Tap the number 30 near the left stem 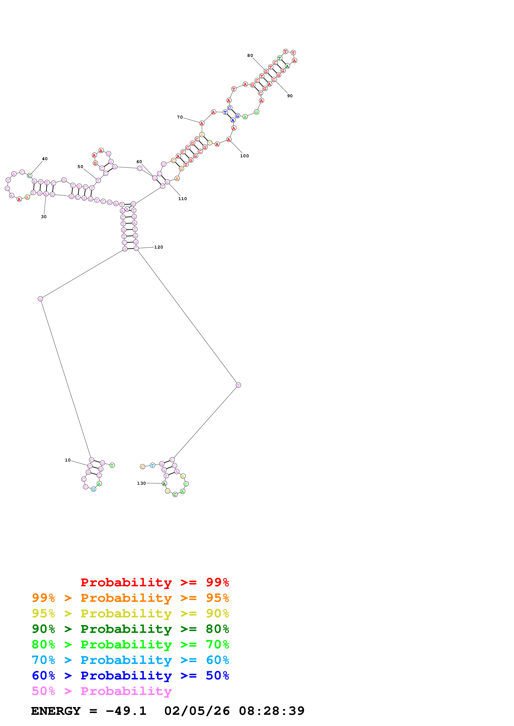(x=44, y=217)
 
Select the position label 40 (x=45, y=159)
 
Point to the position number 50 (x=80, y=167)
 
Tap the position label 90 (x=290, y=96)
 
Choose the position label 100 (x=244, y=156)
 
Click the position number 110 (x=183, y=199)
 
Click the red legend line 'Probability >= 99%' (x=155, y=582)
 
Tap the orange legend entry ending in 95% (x=130, y=598)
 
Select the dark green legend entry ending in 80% (x=130, y=629)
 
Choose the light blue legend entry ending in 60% (x=130, y=660)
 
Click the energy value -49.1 (x=126, y=711)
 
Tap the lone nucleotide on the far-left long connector (x=40, y=299)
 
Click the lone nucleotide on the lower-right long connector (x=238, y=385)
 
